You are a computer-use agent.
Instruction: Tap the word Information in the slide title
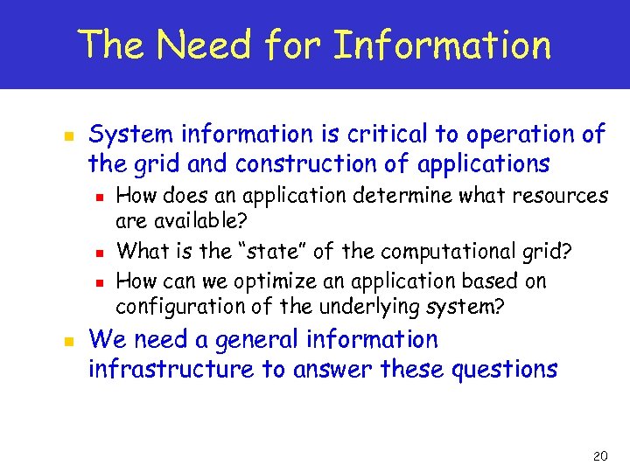click(x=443, y=45)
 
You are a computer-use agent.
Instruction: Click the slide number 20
click(x=599, y=456)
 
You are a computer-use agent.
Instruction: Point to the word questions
click(x=505, y=369)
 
